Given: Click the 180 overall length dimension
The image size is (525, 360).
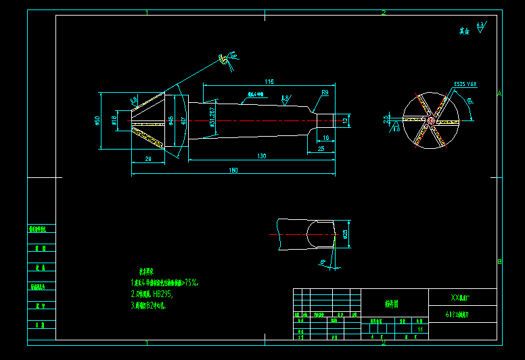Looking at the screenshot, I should point(233,170).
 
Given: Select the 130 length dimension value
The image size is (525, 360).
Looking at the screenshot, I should point(261,156).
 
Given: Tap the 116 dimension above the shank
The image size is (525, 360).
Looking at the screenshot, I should point(269,82).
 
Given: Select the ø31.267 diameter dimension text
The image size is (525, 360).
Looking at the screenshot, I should point(212,117).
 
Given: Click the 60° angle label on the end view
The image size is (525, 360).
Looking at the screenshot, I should point(470,102).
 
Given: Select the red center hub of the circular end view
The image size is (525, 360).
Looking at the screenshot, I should point(430,121).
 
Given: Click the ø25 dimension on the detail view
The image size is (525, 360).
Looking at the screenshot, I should point(345,234).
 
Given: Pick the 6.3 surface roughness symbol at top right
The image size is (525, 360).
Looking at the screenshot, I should point(480,26).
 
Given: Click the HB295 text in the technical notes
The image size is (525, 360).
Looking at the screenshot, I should point(162,294).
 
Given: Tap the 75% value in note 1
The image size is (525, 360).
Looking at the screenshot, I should point(191,283).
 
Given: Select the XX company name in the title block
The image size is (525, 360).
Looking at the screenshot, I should point(464,298).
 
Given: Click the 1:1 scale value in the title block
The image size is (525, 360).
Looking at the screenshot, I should point(420,330).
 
